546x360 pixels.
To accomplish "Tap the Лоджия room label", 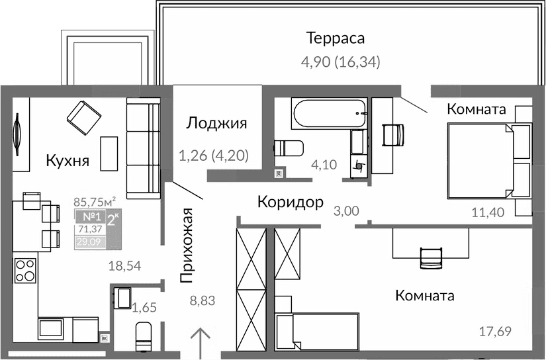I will click(x=216, y=123).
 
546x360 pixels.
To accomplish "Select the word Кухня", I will click(x=68, y=160).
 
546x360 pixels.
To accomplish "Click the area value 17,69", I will click(x=494, y=331).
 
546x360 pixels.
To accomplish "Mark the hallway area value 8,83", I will click(x=203, y=301).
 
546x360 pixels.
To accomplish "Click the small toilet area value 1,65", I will click(x=144, y=307).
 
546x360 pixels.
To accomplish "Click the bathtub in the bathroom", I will click(x=329, y=113).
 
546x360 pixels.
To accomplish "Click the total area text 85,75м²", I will click(x=95, y=201).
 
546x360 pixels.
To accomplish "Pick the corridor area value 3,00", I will click(x=345, y=212).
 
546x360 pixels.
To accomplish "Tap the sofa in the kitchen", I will click(x=143, y=149).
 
